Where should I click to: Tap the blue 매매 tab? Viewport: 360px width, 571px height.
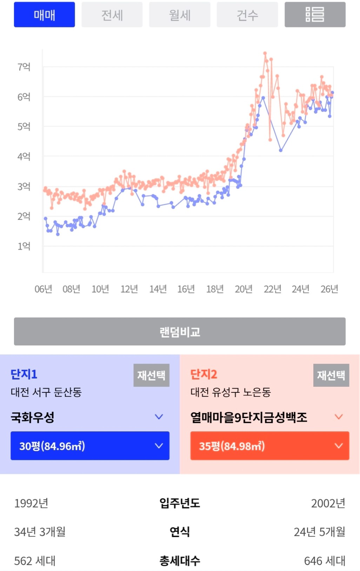[44, 15]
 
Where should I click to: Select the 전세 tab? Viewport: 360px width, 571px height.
[112, 15]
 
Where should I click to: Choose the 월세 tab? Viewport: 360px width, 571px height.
[180, 15]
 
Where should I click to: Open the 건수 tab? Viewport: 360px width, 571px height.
[247, 15]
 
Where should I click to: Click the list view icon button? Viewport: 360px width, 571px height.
[315, 15]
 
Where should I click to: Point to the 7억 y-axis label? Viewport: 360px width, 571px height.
[24, 67]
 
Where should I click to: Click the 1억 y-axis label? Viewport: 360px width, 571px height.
[24, 246]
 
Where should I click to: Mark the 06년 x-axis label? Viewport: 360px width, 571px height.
[43, 289]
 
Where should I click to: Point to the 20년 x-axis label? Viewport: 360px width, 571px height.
[244, 289]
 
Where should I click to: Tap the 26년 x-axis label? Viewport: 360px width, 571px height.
[329, 289]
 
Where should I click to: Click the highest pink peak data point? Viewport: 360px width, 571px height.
[265, 53]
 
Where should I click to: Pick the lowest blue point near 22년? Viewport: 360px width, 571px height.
[281, 150]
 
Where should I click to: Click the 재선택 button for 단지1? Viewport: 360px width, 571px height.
[151, 375]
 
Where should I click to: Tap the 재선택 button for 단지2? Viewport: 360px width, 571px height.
[331, 375]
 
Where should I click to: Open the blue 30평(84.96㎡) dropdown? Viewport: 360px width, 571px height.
[90, 446]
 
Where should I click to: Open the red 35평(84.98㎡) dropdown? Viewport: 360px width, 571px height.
[269, 446]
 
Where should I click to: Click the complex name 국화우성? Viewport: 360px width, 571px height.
[33, 417]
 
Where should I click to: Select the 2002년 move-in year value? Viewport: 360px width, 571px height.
[328, 503]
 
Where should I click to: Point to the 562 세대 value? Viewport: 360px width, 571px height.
[35, 561]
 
